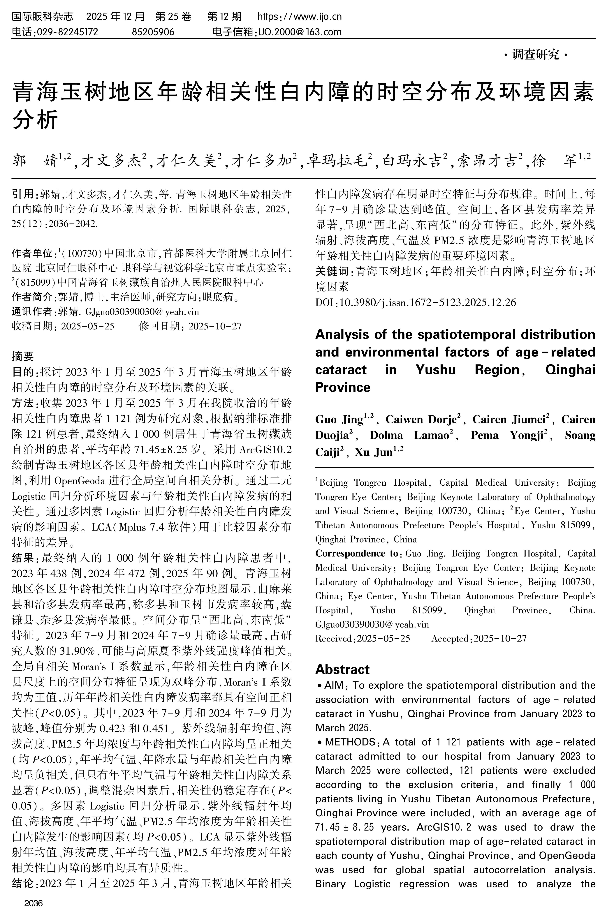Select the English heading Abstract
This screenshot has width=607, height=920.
coord(342,669)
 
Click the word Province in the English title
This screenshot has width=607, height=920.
coord(343,387)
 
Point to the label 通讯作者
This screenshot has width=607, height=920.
coord(32,311)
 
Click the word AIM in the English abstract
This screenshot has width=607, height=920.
coord(334,685)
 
